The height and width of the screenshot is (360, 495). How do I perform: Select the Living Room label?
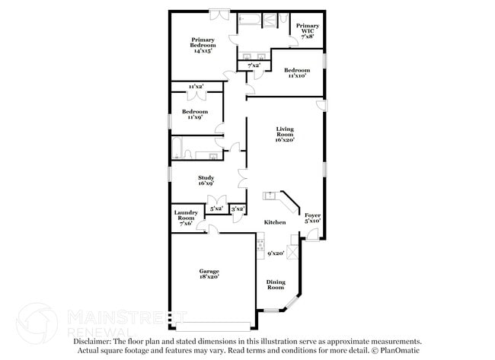point(284,135)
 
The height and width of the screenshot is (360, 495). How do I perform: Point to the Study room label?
point(206,180)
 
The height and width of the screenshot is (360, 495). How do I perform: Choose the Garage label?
point(209,274)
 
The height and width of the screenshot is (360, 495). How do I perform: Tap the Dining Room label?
point(275,285)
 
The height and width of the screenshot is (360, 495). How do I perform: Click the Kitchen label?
point(275,222)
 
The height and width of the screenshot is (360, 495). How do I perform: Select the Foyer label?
point(312,218)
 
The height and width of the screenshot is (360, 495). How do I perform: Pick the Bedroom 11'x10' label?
point(296,73)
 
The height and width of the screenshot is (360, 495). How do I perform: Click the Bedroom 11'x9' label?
point(194,114)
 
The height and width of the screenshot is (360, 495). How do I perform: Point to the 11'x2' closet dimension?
point(196,87)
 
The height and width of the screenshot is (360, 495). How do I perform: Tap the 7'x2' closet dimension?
point(254,66)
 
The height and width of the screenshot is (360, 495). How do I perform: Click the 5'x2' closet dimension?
point(216,208)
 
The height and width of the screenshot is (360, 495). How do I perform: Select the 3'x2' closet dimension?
point(238,208)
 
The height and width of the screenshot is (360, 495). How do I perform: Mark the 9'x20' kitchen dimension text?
point(275,253)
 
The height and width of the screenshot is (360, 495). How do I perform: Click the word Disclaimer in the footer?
point(94,342)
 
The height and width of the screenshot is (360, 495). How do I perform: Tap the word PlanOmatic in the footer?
point(400,351)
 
